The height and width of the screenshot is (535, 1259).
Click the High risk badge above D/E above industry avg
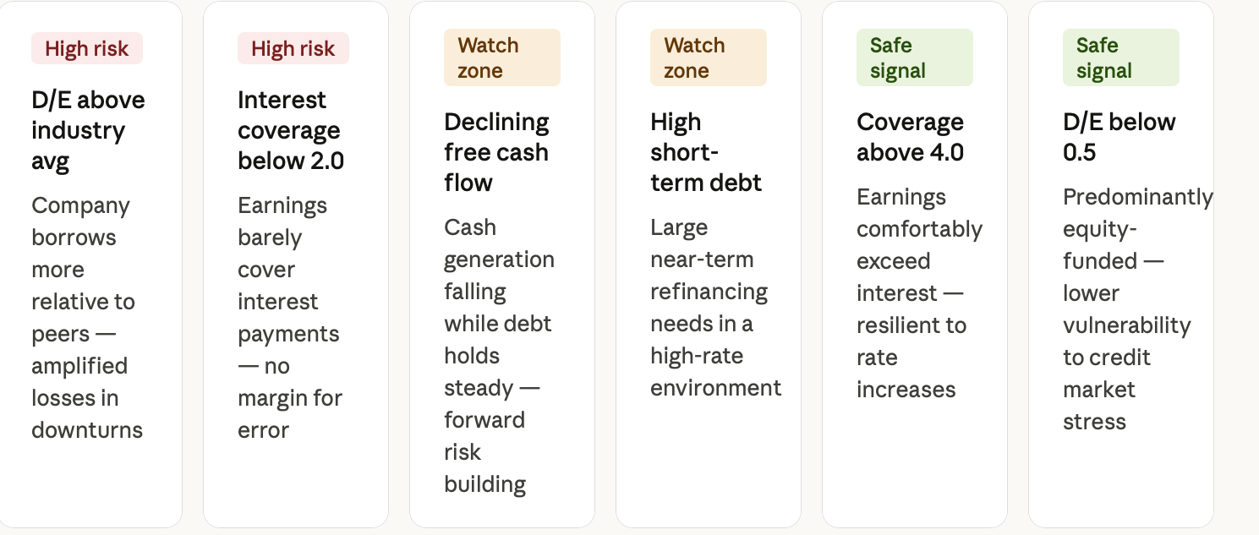click(86, 48)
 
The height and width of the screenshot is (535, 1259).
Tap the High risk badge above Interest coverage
click(293, 48)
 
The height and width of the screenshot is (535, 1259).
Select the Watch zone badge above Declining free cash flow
click(502, 57)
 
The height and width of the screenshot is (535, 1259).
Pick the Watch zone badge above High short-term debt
click(709, 57)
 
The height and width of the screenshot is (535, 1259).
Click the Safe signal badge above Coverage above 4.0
click(915, 57)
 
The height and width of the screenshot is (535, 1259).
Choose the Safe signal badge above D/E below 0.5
click(1120, 57)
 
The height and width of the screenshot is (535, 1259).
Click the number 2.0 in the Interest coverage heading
click(327, 161)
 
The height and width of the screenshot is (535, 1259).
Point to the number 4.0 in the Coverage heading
click(947, 152)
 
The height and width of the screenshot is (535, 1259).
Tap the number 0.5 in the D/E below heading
click(1079, 152)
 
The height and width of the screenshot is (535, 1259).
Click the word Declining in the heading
click(496, 123)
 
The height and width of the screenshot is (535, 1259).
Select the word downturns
click(87, 430)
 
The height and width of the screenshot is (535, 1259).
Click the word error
click(263, 430)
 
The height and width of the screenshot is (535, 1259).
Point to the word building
click(484, 484)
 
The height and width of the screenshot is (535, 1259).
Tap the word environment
click(715, 388)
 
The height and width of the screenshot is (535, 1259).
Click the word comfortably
click(920, 229)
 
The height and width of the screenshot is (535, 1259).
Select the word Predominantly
click(1138, 197)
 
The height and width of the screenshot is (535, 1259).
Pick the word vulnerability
click(1127, 325)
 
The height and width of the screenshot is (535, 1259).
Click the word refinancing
click(709, 292)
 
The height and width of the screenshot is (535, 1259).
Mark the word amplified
click(79, 367)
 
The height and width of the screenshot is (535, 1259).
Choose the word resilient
click(911, 325)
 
